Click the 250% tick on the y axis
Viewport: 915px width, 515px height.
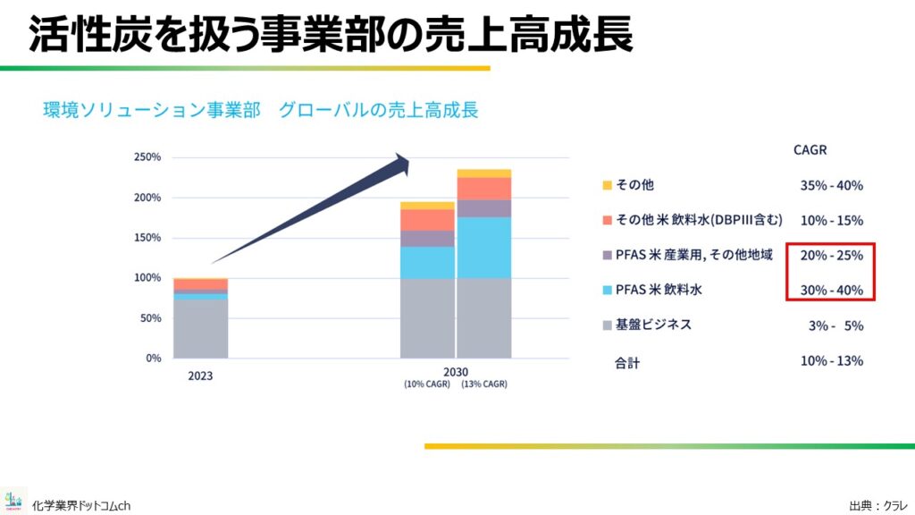[x=147, y=157]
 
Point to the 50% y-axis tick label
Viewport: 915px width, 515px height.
[x=150, y=318]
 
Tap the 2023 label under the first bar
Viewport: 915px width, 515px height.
[x=200, y=376]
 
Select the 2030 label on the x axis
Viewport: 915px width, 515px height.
[x=455, y=372]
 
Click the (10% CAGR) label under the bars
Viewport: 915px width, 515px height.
[x=427, y=384]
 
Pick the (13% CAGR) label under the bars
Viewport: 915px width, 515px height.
[x=484, y=384]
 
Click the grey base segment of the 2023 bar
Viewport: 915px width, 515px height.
[x=201, y=329]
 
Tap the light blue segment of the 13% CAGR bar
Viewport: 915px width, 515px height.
[x=483, y=248]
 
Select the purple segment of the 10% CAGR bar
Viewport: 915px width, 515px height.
[x=427, y=238]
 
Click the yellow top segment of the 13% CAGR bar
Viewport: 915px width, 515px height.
[x=483, y=173]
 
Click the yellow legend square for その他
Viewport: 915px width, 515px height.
[x=607, y=185]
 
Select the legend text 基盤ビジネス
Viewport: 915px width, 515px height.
[x=653, y=325]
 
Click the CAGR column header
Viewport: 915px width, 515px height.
[x=810, y=150]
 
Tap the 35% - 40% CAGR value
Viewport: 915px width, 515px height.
[x=832, y=186]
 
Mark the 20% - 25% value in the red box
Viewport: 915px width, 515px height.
[x=832, y=255]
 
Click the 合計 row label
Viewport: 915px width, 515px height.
[x=627, y=363]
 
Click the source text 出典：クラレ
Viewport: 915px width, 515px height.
[x=879, y=506]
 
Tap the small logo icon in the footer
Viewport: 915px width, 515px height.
[x=13, y=501]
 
